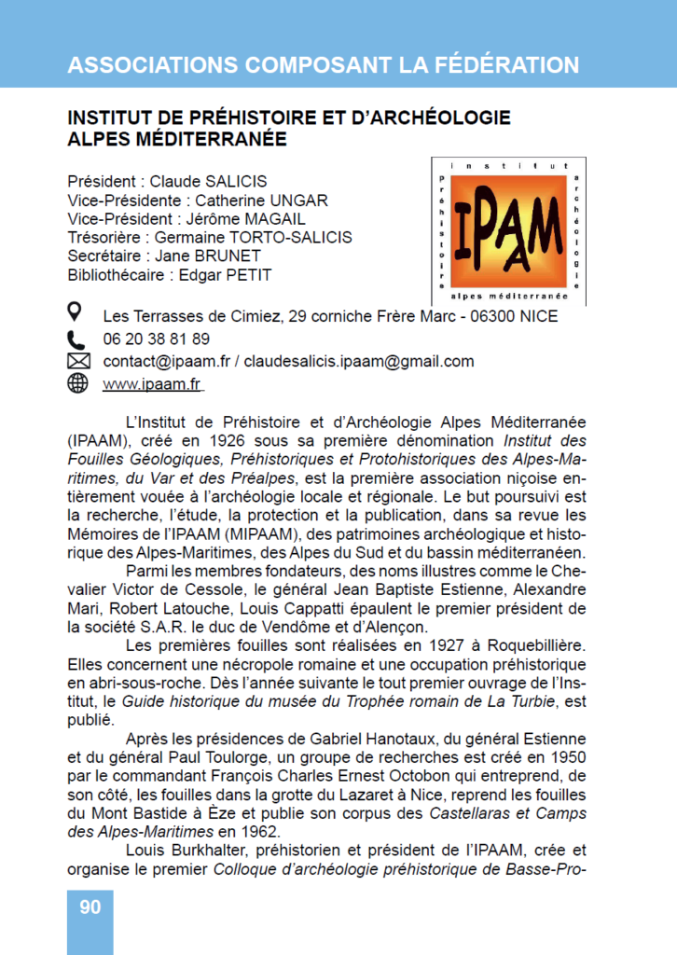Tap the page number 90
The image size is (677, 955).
click(x=90, y=907)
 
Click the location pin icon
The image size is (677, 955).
click(x=76, y=313)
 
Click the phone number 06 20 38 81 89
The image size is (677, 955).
click(x=156, y=339)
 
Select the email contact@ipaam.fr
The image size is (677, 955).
click(x=166, y=362)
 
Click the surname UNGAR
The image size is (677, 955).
click(x=299, y=201)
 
